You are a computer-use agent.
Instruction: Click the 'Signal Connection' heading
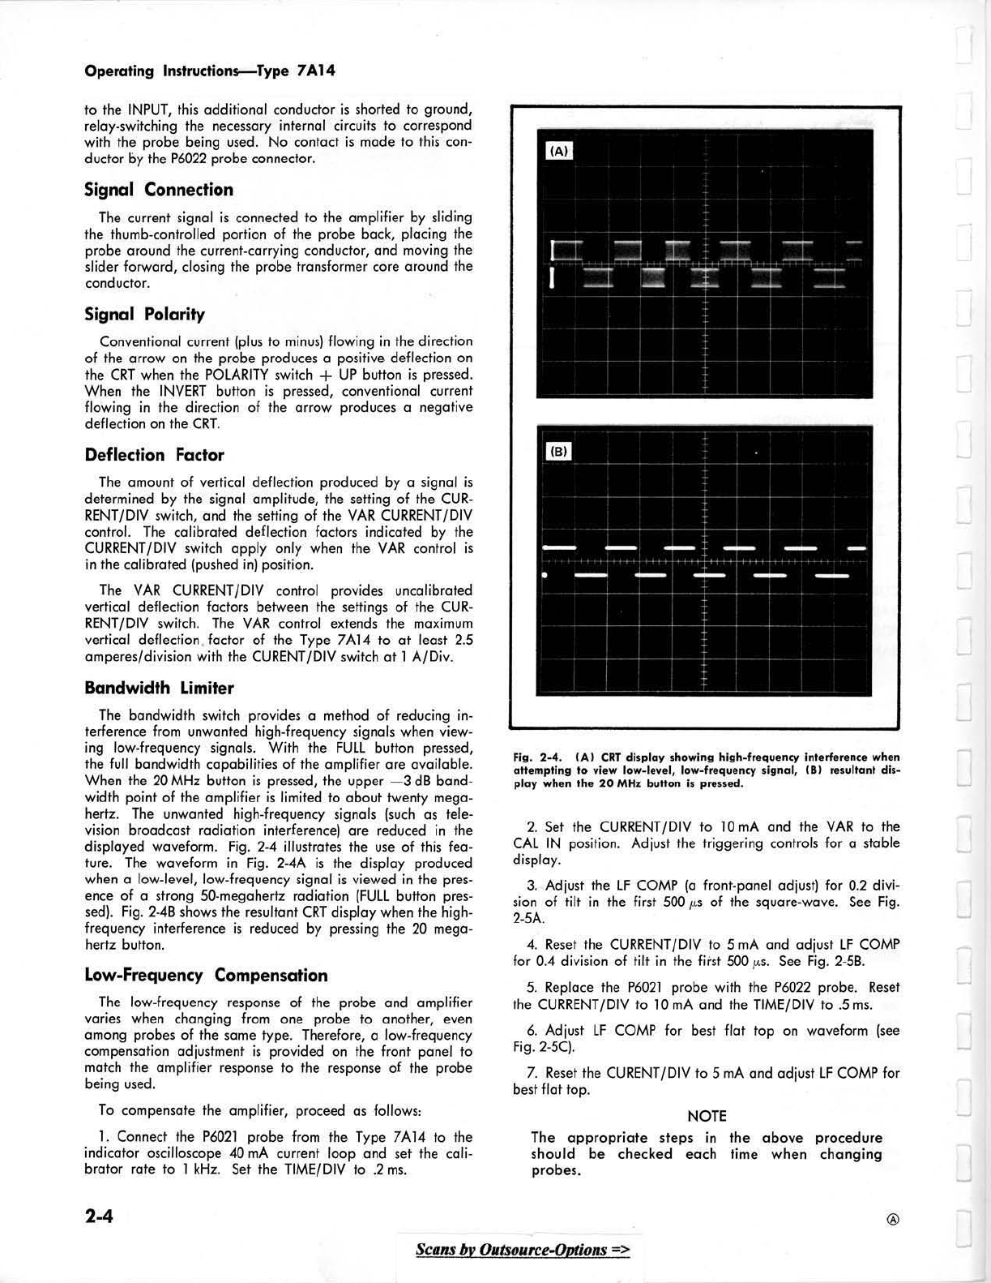pos(159,190)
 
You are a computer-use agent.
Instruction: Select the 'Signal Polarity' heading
pos(144,314)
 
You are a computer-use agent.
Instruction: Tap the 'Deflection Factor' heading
pos(154,455)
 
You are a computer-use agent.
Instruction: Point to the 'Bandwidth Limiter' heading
pos(159,689)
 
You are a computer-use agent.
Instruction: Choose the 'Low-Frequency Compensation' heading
pos(206,976)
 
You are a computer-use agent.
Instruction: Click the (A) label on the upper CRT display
pos(559,151)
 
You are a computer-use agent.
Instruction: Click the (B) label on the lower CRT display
pos(559,452)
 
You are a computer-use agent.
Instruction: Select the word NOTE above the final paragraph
pos(707,1117)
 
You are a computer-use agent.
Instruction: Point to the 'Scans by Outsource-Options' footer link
pos(522,1249)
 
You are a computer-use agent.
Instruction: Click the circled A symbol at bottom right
pos(893,1219)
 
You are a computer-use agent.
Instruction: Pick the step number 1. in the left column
pos(105,1137)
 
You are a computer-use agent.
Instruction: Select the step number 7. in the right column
pos(532,1073)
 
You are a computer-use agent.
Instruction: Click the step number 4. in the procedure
pos(532,945)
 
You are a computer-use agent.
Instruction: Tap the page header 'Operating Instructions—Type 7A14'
pos(210,71)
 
